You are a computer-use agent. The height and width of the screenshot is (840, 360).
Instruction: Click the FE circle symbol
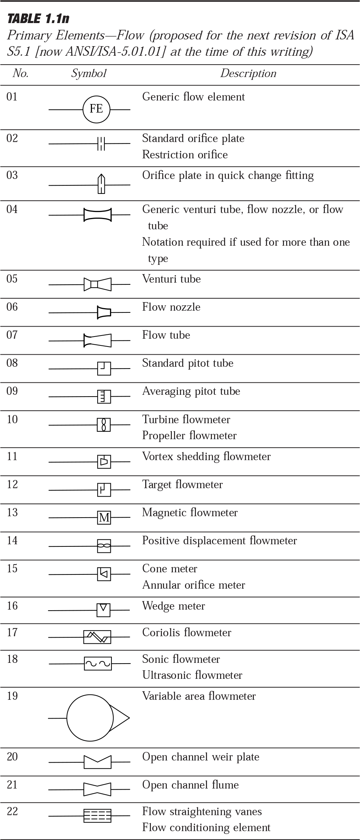[x=97, y=109]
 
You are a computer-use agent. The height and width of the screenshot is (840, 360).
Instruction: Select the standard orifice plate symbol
[x=101, y=143]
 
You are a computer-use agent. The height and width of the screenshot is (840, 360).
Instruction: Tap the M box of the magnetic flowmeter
[x=104, y=518]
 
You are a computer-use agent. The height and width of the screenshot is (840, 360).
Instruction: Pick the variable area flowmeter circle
[x=90, y=718]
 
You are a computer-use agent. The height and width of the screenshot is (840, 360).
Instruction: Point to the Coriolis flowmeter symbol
[x=97, y=637]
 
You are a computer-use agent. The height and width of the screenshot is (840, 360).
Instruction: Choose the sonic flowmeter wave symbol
[x=98, y=663]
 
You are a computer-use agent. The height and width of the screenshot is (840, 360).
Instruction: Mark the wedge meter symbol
[x=103, y=610]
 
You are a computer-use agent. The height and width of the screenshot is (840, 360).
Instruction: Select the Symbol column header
[x=89, y=73]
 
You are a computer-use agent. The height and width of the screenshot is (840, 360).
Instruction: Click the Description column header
[x=248, y=73]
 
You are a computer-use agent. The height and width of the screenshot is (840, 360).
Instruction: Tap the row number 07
[x=12, y=335]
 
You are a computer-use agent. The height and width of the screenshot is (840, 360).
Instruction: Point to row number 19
[x=12, y=696]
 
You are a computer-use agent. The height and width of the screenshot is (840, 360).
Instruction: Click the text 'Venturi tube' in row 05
[x=171, y=279]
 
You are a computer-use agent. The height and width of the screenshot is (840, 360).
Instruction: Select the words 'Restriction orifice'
[x=185, y=155]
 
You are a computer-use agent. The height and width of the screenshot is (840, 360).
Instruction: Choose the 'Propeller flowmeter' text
[x=189, y=436]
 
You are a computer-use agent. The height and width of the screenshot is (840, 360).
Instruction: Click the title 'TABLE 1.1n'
[x=38, y=18]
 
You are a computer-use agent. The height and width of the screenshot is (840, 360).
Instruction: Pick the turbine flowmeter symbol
[x=104, y=425]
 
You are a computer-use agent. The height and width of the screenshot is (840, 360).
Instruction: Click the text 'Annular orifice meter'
[x=193, y=585]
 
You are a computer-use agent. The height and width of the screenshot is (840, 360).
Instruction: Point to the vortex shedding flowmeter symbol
[x=104, y=462]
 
